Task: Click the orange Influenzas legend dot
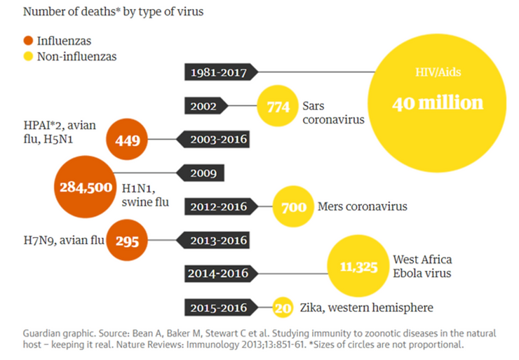tap(29, 41)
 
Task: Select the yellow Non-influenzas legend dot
tap(29, 56)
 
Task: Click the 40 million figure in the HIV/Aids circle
tap(438, 103)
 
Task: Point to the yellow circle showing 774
tap(278, 107)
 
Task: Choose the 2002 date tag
tap(208, 107)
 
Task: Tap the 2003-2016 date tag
tap(215, 139)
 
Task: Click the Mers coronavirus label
tap(362, 206)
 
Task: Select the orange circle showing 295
tap(127, 241)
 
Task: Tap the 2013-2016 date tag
tap(215, 241)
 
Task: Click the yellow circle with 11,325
tap(359, 266)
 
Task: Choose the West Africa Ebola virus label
tap(422, 266)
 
